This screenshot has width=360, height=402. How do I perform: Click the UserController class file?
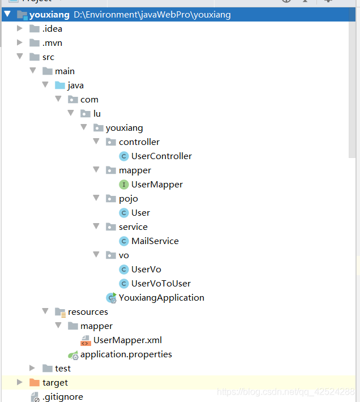click(x=161, y=156)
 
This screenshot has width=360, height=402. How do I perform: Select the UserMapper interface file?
click(x=157, y=185)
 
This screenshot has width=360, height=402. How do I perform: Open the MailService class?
click(x=155, y=241)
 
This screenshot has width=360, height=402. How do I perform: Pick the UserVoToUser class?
click(x=161, y=284)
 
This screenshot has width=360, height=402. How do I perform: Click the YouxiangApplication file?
click(x=161, y=298)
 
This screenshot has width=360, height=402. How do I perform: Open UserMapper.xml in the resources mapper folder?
click(x=127, y=340)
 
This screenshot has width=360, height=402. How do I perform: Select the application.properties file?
click(x=126, y=354)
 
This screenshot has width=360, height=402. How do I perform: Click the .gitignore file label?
click(x=62, y=397)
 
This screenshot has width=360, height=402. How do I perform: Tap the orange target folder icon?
click(x=34, y=383)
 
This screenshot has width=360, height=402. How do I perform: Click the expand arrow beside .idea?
click(x=20, y=29)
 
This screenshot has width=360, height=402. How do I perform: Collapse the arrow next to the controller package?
click(x=96, y=142)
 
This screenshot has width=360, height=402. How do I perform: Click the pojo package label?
click(x=128, y=199)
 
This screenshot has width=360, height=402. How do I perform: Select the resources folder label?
click(x=88, y=312)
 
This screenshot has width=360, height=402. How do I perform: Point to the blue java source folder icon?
click(x=59, y=85)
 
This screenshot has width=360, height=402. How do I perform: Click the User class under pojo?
click(x=140, y=213)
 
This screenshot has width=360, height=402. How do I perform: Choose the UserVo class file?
click(x=146, y=270)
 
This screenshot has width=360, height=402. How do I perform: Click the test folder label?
click(x=63, y=369)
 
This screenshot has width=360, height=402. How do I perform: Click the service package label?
click(x=133, y=227)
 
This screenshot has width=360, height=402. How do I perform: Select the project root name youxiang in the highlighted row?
click(x=49, y=15)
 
